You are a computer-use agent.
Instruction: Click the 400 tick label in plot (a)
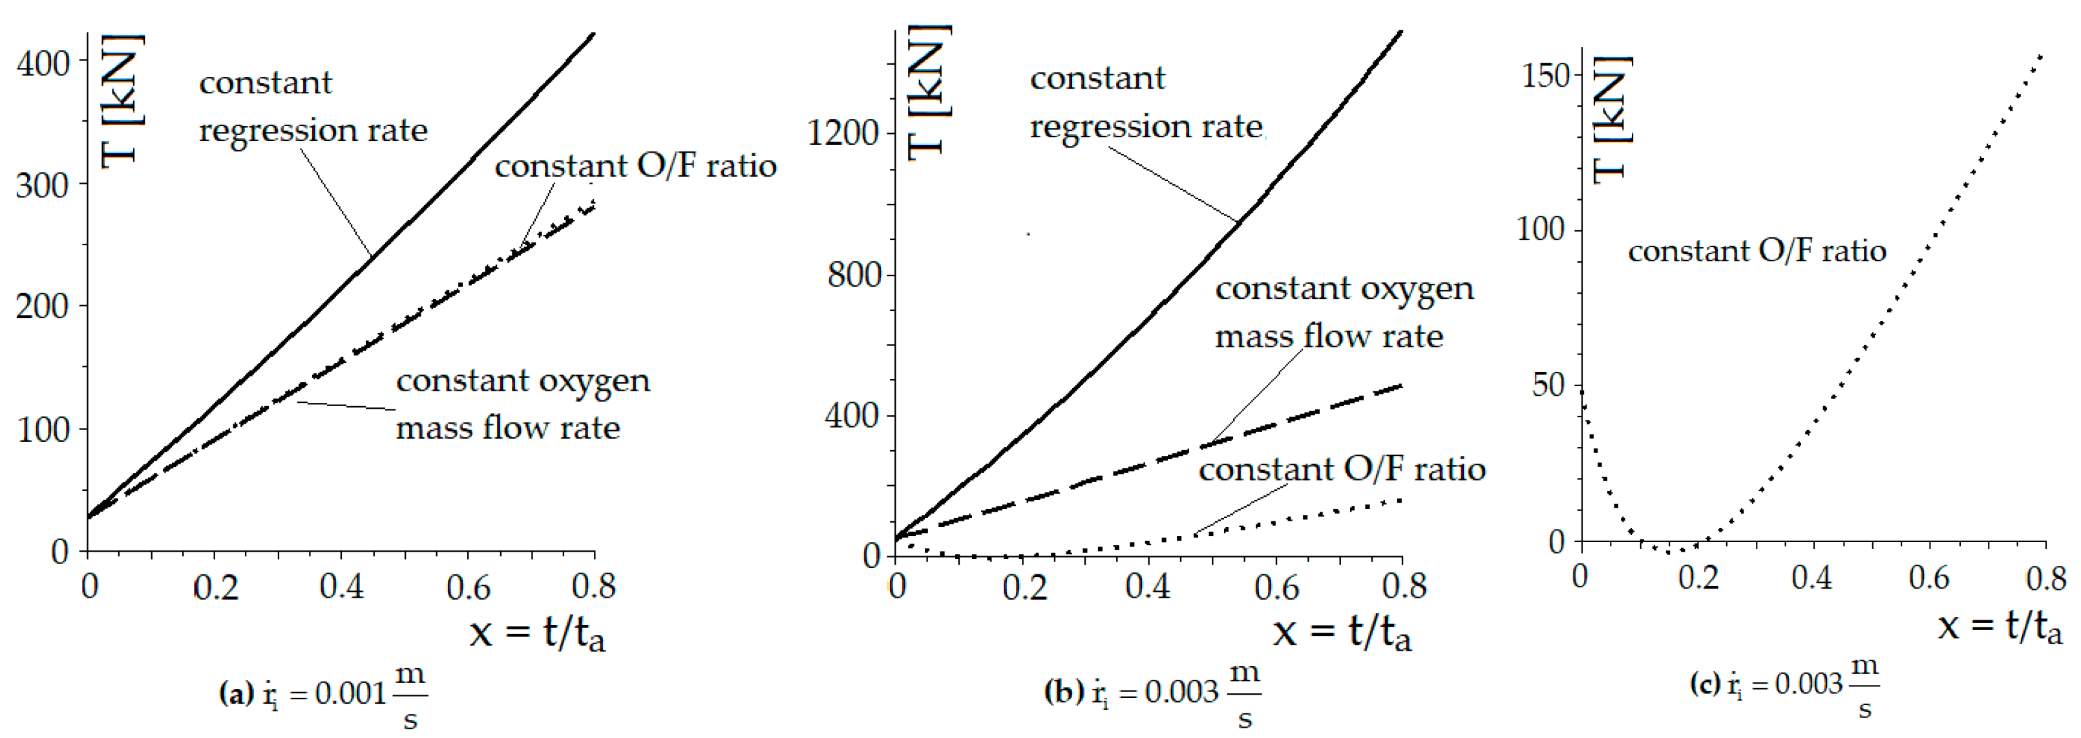(44, 63)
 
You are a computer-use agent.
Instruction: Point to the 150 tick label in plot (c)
(1545, 75)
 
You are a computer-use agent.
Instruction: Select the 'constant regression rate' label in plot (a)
(313, 106)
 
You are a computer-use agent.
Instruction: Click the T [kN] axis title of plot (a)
(123, 101)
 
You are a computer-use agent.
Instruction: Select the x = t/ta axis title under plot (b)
(1342, 631)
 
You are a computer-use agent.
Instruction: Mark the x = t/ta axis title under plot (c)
(2000, 625)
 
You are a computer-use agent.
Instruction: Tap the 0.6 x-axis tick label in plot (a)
(468, 586)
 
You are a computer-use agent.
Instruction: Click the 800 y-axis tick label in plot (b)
(853, 275)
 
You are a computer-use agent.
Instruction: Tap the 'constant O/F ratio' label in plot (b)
(1341, 470)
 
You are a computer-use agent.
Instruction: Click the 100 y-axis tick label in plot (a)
(44, 429)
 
